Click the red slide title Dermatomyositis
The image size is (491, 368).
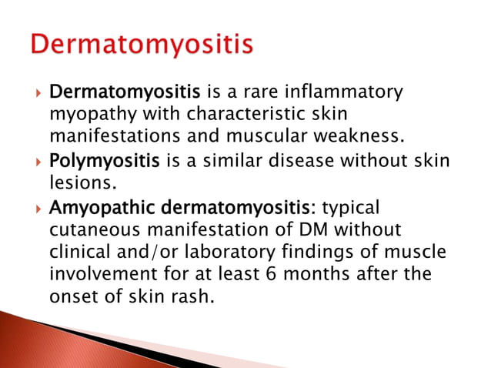(x=142, y=44)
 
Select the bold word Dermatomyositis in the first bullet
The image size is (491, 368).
(x=135, y=94)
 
